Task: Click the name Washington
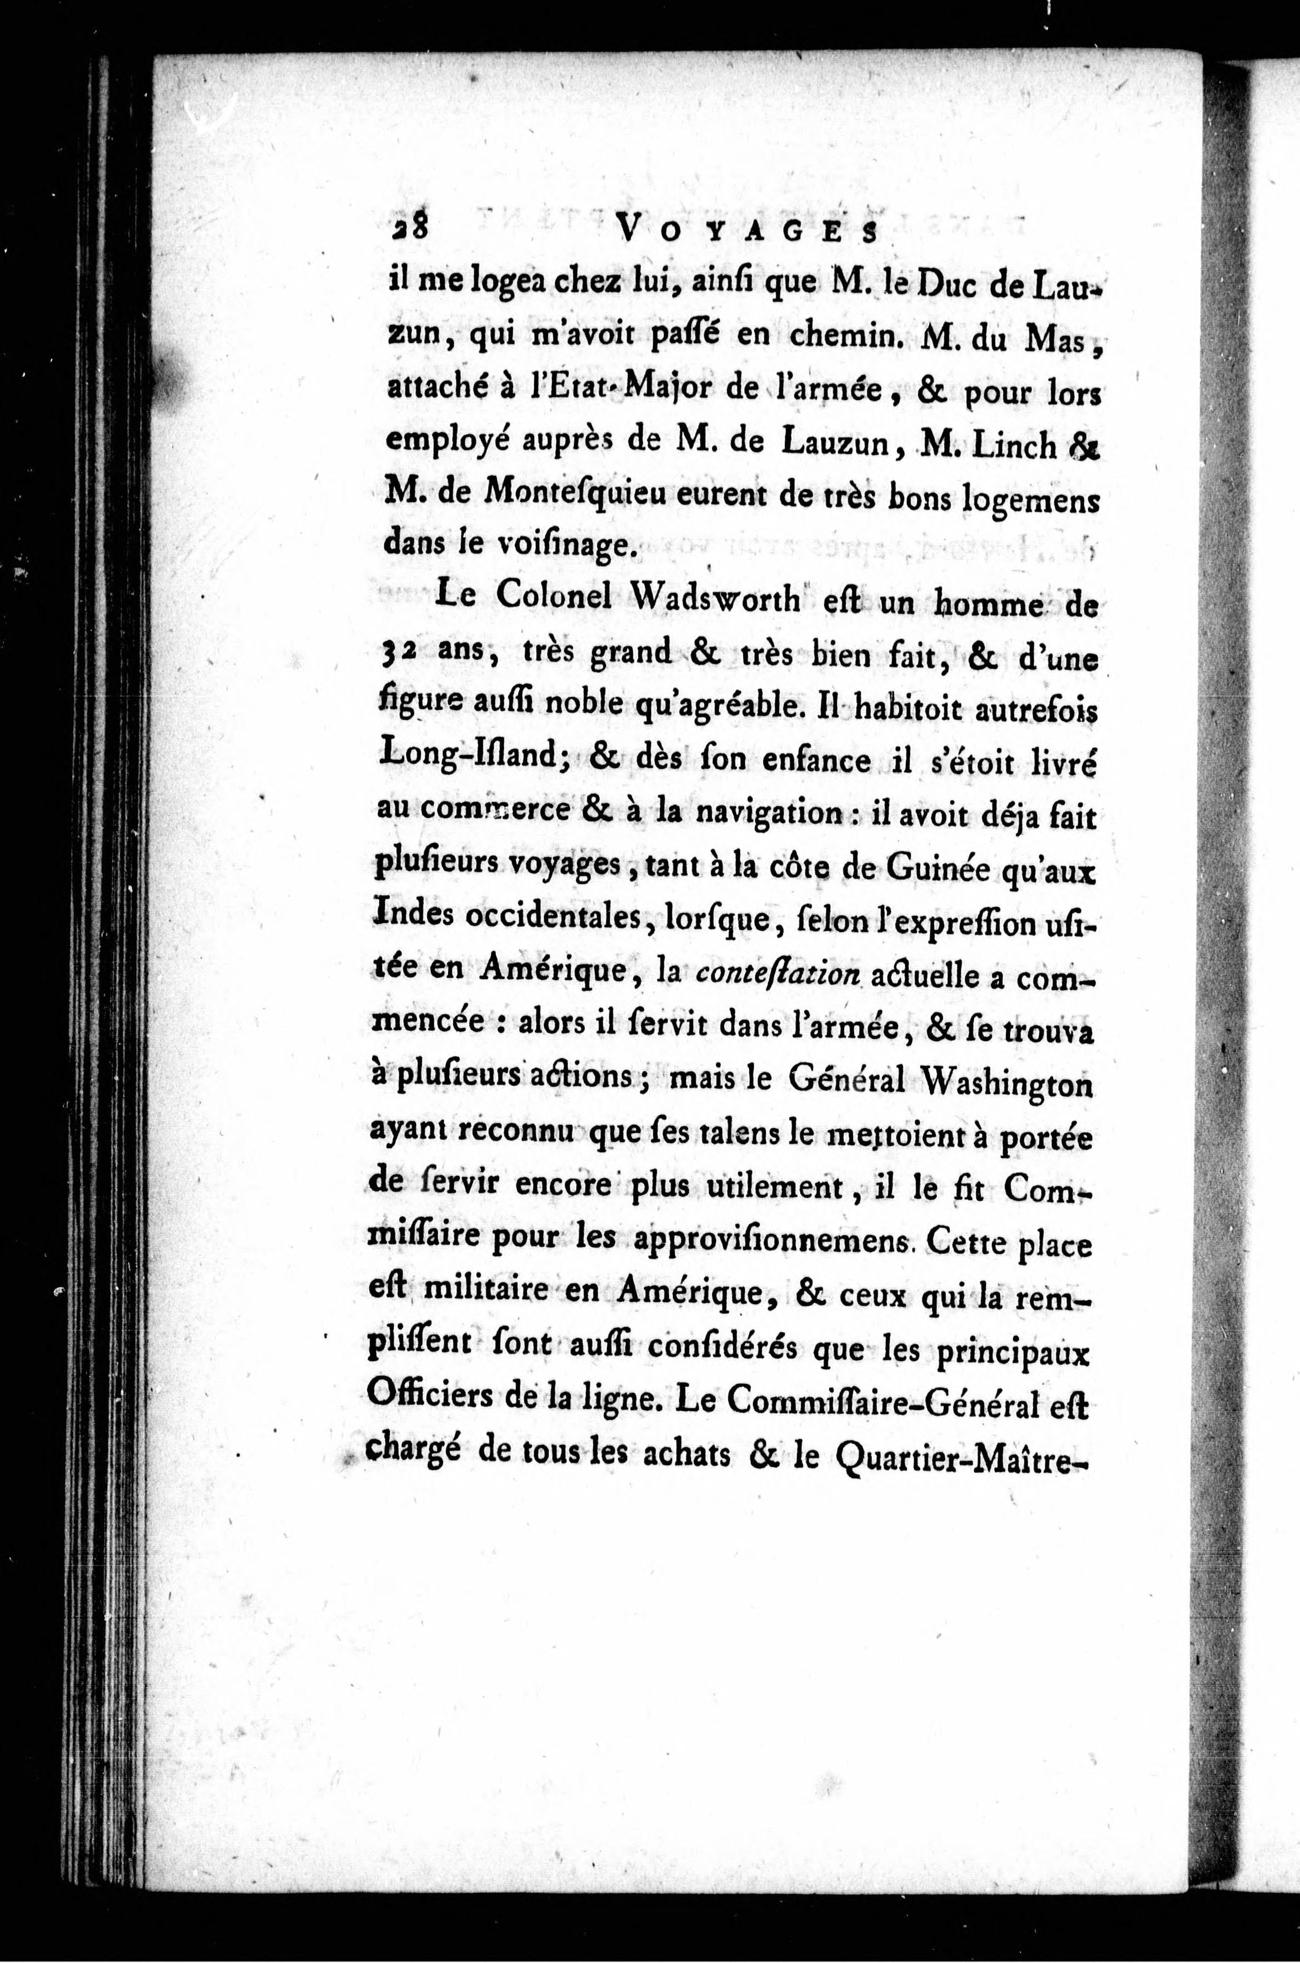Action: pos(1007,1082)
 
